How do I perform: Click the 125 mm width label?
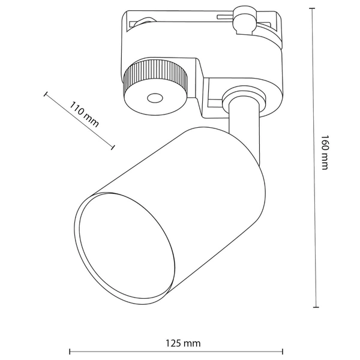pyautogui.click(x=184, y=344)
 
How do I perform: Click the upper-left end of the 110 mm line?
pyautogui.click(x=45, y=94)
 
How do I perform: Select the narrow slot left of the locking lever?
pyautogui.click(x=224, y=14)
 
